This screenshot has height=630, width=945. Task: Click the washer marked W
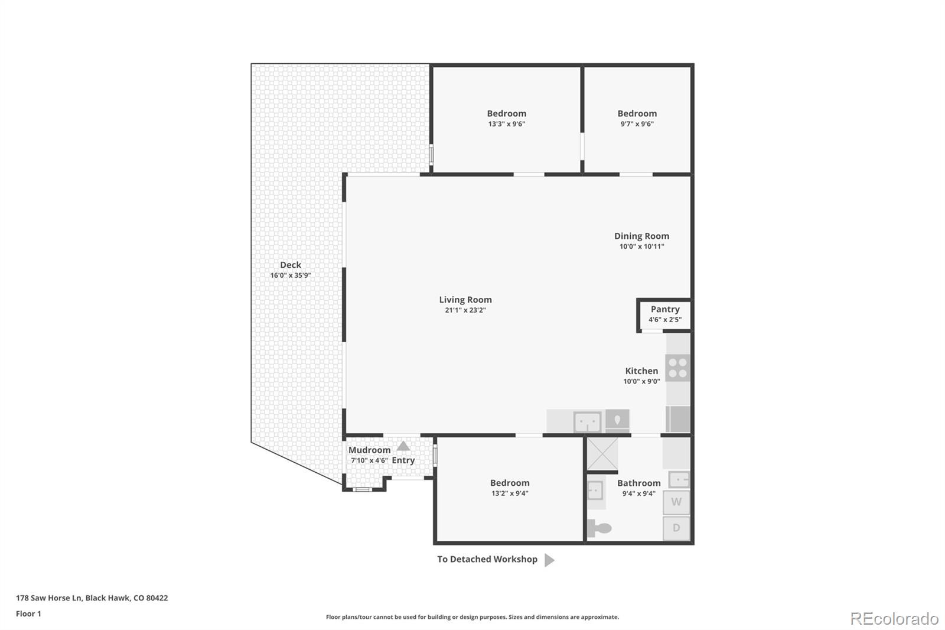pyautogui.click(x=676, y=502)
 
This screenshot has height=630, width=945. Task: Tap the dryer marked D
pyautogui.click(x=676, y=528)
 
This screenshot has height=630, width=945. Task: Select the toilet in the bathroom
pyautogui.click(x=599, y=528)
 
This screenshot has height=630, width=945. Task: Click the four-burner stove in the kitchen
pyautogui.click(x=677, y=368)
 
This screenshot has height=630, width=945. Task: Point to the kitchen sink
pyautogui.click(x=587, y=421)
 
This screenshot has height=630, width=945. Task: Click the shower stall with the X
pyautogui.click(x=602, y=454)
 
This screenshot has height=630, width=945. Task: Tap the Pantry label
pyautogui.click(x=665, y=309)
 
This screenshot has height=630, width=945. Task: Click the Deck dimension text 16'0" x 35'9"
pyautogui.click(x=290, y=275)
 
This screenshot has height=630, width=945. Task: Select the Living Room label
pyautogui.click(x=465, y=300)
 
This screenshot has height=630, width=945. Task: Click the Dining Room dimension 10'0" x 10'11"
pyautogui.click(x=641, y=246)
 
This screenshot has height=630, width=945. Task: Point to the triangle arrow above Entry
pyautogui.click(x=403, y=446)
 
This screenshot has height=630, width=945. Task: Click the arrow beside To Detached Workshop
pyautogui.click(x=549, y=560)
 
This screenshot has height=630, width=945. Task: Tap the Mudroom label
pyautogui.click(x=370, y=450)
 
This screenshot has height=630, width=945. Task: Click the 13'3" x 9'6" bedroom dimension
pyautogui.click(x=507, y=124)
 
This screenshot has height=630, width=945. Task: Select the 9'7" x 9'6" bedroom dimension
pyautogui.click(x=637, y=124)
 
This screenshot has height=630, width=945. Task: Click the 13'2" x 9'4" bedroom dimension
pyautogui.click(x=510, y=493)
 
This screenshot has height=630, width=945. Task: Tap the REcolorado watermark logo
pyautogui.click(x=894, y=619)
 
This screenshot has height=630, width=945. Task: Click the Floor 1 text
pyautogui.click(x=28, y=614)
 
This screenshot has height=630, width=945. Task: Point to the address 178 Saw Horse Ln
pyautogui.click(x=49, y=598)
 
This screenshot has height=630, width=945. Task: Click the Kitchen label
pyautogui.click(x=641, y=371)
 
